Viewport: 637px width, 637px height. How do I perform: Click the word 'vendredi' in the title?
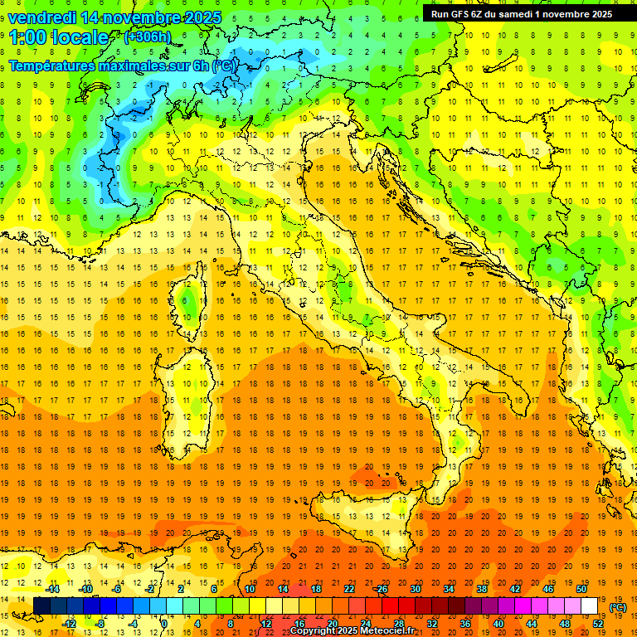(x=44, y=17)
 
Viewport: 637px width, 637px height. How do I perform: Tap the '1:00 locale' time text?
(x=59, y=37)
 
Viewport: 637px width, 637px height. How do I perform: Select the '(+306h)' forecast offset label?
(x=148, y=36)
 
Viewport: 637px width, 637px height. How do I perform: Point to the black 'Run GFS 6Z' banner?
(x=521, y=13)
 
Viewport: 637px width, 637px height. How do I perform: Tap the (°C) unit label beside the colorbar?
(x=618, y=607)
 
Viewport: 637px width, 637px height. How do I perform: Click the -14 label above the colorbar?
(x=52, y=588)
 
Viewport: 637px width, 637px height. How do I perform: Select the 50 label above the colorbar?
(x=581, y=588)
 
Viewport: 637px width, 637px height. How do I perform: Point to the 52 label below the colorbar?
(x=597, y=623)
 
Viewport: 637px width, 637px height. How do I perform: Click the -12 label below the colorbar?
(x=69, y=623)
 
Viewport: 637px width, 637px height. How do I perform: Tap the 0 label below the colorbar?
(x=164, y=623)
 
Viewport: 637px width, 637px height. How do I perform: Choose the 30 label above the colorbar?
(x=415, y=588)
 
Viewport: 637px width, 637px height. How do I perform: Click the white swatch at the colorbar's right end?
(x=589, y=606)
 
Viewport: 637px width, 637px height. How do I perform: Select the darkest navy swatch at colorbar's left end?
(x=41, y=606)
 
